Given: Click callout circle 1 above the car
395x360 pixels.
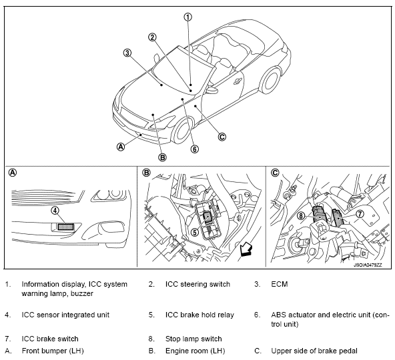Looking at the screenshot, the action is pos(188,17).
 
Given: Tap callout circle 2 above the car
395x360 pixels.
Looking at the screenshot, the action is pos(152,37).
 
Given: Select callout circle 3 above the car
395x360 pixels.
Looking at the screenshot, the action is pos(127,53).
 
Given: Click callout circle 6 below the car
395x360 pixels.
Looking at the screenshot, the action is pos(194,149).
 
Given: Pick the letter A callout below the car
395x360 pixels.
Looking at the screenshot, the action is pos(121,147).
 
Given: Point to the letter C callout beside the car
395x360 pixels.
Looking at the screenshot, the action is pos(222,137).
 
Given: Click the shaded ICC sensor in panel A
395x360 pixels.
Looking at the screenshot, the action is pos(66,227).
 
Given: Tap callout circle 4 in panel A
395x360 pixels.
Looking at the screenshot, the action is pos(55,210).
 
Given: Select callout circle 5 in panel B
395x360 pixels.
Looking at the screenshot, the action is pos(194,232).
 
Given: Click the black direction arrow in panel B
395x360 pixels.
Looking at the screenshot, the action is pos(246,249).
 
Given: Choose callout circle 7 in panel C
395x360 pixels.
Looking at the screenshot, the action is pos(360,214).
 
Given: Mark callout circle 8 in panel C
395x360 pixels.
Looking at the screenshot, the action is pos(301,216).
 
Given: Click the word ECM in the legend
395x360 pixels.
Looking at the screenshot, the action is pos(280,284).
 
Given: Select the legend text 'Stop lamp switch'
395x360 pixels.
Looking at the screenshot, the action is pos(193,339).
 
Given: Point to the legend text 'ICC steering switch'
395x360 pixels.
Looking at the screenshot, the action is pos(197,284).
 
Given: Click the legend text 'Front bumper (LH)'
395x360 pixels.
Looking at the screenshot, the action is pos(53,351).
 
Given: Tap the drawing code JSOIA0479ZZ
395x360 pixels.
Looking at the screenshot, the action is pos(368,265).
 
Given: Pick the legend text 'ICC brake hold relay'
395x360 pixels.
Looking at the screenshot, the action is pos(200,315).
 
